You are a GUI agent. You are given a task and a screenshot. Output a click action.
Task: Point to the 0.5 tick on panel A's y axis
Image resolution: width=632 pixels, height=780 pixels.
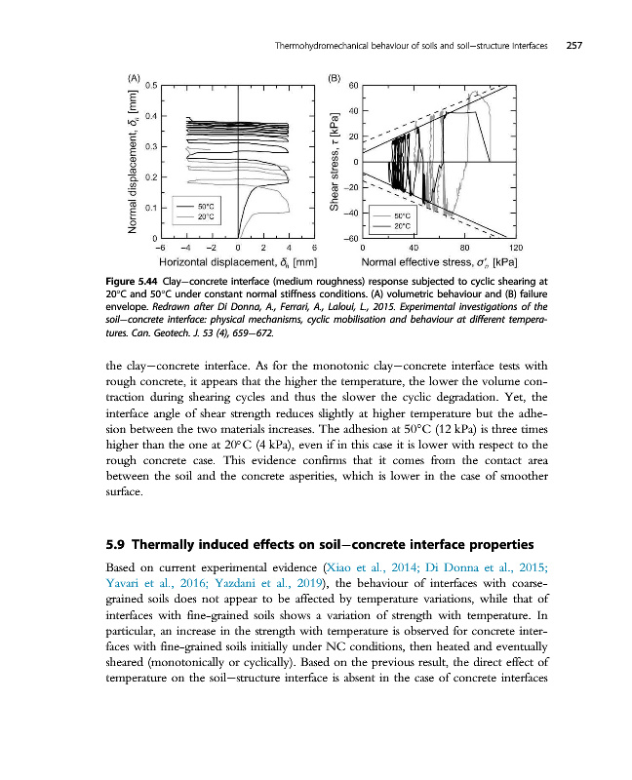[151, 86]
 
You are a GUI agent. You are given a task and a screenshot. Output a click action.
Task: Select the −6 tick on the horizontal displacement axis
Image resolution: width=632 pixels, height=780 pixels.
[160, 247]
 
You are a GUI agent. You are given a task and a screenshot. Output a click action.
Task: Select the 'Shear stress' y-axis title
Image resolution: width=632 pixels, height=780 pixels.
[333, 178]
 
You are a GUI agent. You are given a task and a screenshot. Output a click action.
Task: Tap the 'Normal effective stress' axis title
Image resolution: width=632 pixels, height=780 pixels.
[429, 262]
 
